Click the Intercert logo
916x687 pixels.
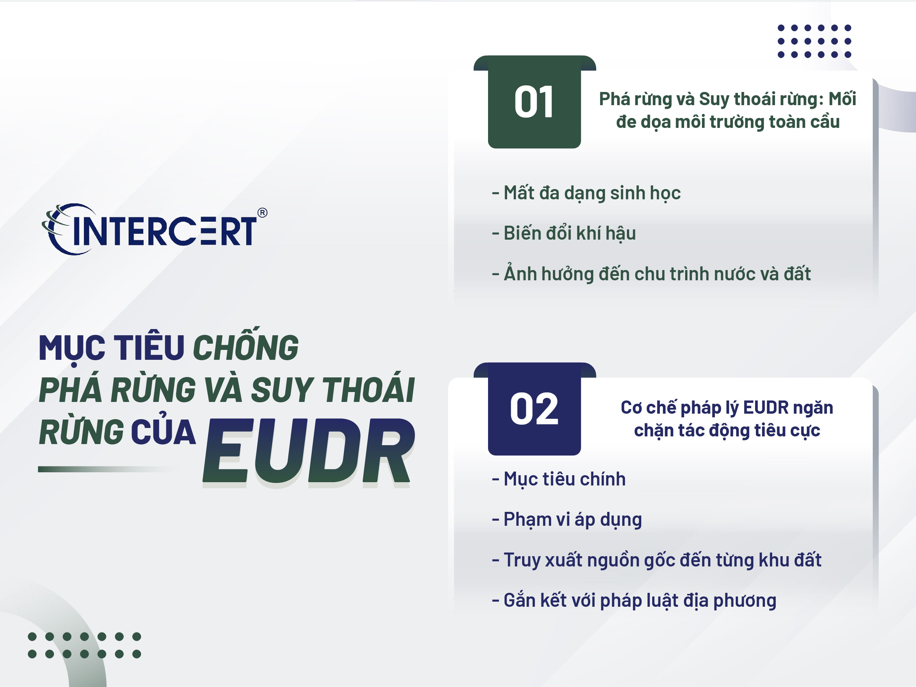[153, 229]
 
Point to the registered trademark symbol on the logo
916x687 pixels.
[262, 213]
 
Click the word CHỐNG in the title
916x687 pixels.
[245, 347]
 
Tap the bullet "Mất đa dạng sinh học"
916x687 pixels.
[586, 193]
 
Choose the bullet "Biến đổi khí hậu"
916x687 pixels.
[564, 233]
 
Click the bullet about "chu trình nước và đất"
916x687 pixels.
[651, 274]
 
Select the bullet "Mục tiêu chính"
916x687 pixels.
[559, 479]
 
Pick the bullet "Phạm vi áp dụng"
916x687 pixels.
[567, 519]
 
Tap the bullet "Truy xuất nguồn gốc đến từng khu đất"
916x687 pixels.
[657, 560]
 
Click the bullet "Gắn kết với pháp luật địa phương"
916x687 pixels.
[634, 601]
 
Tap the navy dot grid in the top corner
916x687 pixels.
[814, 41]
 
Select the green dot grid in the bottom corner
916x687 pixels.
[85, 645]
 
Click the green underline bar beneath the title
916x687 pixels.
[104, 469]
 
